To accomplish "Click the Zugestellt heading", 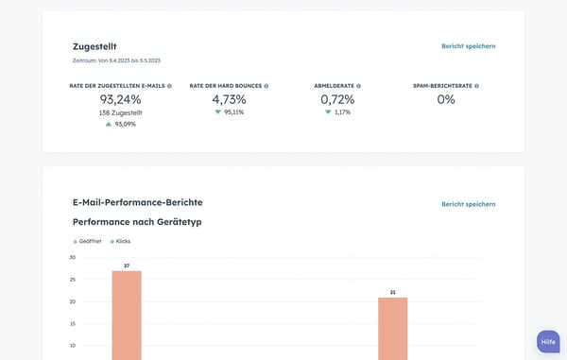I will click(94, 46).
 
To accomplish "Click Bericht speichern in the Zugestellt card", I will click(468, 46).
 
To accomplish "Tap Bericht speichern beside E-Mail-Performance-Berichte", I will click(468, 204).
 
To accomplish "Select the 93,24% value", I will click(120, 99).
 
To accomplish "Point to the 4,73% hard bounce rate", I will click(229, 99).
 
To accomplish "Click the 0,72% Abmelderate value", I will click(337, 99).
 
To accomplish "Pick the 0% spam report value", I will click(446, 99).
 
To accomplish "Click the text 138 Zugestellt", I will click(120, 112).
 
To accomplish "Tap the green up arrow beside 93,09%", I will click(109, 124).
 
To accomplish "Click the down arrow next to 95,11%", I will click(217, 111).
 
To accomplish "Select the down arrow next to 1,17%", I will click(328, 111).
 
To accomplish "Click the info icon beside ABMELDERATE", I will click(358, 86).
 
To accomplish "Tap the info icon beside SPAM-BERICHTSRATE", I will click(476, 86).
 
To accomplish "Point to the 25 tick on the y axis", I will click(73, 280).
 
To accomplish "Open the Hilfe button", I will click(548, 341).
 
